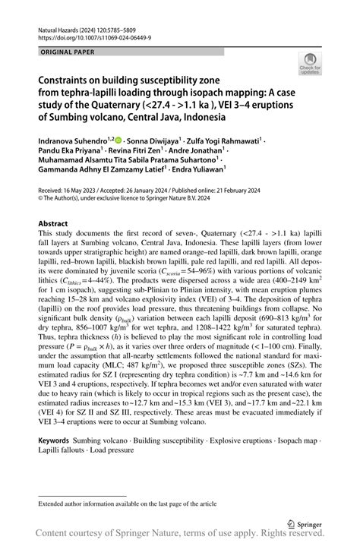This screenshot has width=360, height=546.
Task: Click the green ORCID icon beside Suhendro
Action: click(x=120, y=140)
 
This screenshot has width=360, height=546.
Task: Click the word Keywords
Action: click(x=56, y=441)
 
